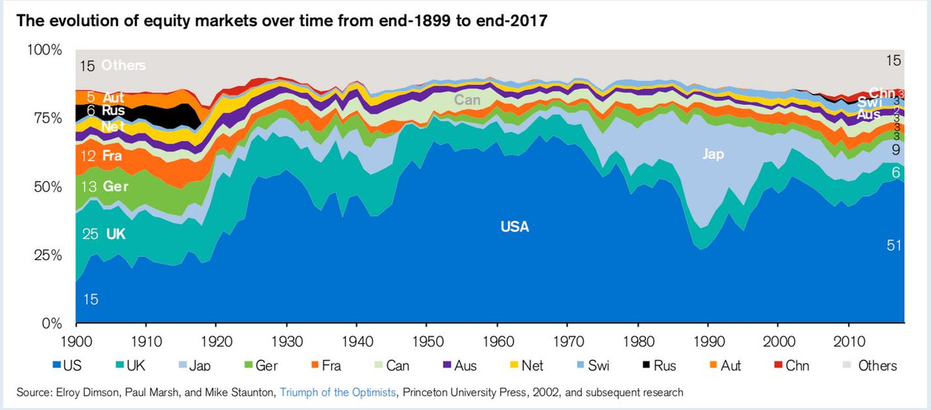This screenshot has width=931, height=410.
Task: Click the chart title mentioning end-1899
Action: click(281, 20)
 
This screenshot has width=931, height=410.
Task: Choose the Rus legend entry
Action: click(664, 366)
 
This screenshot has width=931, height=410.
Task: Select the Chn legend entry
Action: click(796, 366)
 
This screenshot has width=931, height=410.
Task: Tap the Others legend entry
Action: click(876, 366)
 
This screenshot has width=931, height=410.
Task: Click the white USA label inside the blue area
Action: click(515, 227)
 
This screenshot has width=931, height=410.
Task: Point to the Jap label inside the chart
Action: click(714, 154)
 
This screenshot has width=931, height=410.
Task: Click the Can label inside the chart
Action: click(467, 100)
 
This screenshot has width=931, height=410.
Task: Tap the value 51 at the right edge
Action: click(894, 245)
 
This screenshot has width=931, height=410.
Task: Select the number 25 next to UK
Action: click(89, 234)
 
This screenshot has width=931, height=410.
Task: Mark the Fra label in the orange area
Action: click(112, 156)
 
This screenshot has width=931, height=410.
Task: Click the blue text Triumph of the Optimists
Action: click(335, 393)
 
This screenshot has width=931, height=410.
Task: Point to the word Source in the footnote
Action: click(34, 393)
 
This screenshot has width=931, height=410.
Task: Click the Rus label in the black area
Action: click(113, 111)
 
